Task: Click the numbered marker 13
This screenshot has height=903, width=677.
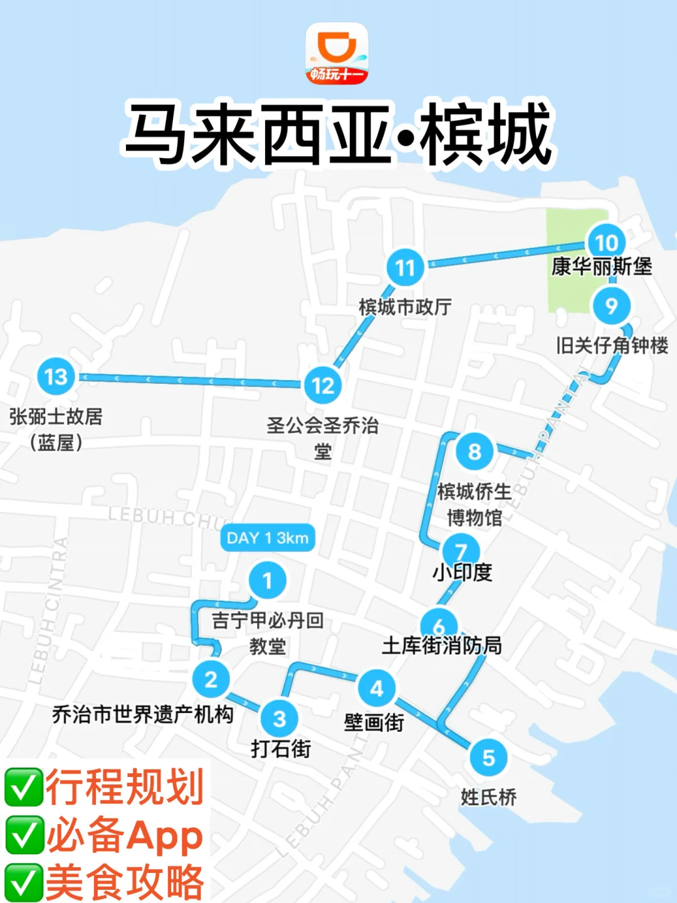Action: (56, 376)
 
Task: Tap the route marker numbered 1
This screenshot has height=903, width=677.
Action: (268, 581)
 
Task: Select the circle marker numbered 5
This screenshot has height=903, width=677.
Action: (488, 758)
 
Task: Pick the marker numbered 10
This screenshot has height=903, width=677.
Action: (606, 242)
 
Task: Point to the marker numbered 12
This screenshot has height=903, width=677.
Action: (323, 385)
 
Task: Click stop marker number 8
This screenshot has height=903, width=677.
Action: (475, 451)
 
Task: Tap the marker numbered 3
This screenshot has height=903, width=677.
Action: (280, 718)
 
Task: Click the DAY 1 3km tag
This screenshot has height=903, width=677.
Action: (268, 538)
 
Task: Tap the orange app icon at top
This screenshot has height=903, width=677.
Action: (337, 54)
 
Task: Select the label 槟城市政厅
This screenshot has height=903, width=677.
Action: (405, 307)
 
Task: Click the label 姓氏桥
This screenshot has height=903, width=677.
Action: (488, 797)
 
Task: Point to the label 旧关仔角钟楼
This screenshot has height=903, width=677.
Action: (612, 346)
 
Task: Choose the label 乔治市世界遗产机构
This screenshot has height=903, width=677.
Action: (143, 714)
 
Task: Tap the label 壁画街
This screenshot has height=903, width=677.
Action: (374, 722)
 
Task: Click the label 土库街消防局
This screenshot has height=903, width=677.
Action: (442, 645)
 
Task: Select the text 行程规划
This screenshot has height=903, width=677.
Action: (125, 788)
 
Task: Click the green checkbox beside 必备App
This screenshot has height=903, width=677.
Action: (24, 835)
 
